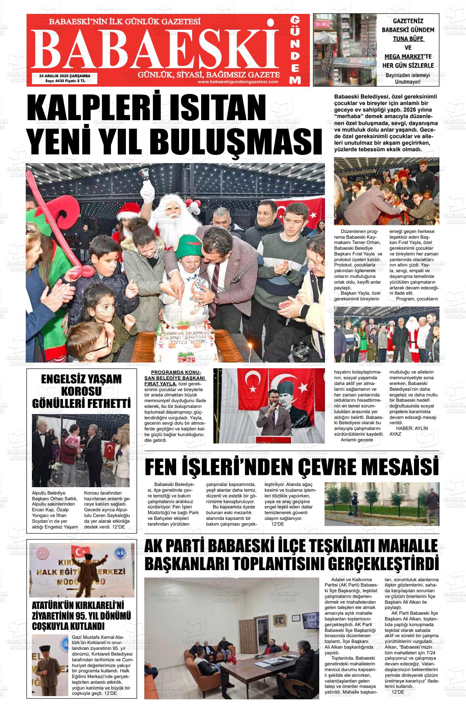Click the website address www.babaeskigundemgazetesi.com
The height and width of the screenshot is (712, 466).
coord(237,81)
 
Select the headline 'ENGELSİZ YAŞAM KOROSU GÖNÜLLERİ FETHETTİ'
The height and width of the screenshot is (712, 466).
coord(81,391)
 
